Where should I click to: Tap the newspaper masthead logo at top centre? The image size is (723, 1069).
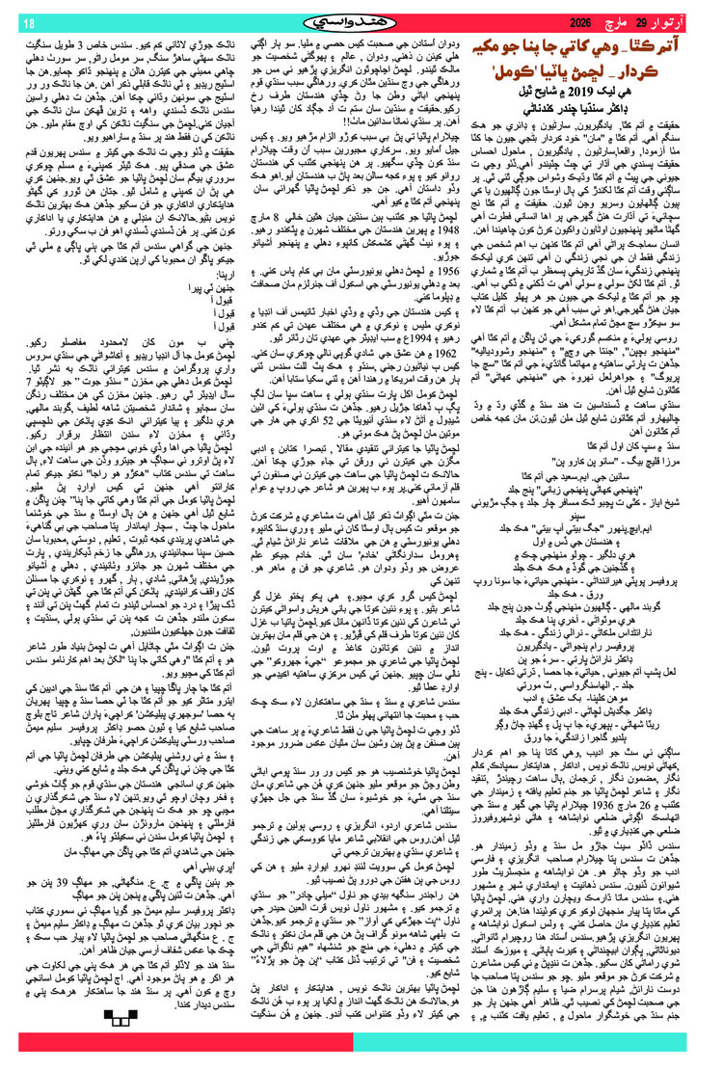361,20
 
